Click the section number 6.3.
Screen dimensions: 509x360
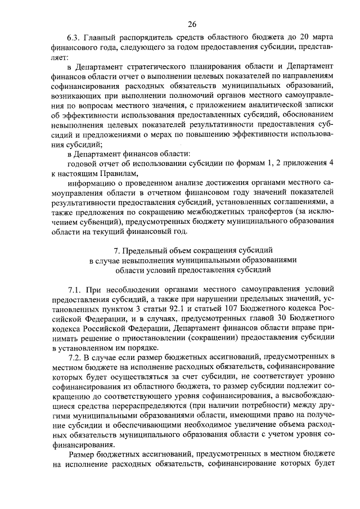tap(74, 38)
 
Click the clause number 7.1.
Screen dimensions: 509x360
tap(75, 289)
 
